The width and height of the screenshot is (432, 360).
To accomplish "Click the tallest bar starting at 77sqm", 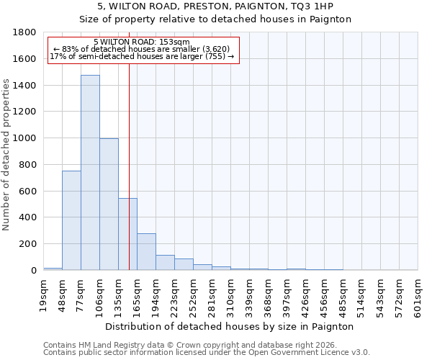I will pyautogui.click(x=90, y=173).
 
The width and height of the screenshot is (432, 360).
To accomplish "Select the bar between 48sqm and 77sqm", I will pyautogui.click(x=71, y=220).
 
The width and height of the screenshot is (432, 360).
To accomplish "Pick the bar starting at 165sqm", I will pyautogui.click(x=146, y=251).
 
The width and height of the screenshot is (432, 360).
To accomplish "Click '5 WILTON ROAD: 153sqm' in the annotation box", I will pyautogui.click(x=141, y=42).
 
